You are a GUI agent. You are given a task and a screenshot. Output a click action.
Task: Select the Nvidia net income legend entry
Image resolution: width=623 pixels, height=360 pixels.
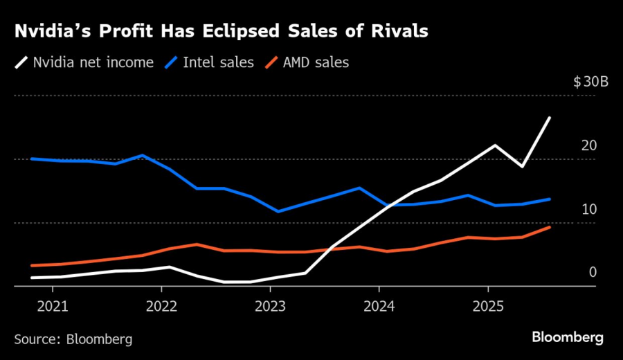pyautogui.click(x=86, y=63)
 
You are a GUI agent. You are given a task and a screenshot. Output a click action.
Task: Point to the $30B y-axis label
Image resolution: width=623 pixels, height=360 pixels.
pyautogui.click(x=590, y=82)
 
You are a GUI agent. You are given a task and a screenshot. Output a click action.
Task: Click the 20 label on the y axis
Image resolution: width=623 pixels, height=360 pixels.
pyautogui.click(x=589, y=145)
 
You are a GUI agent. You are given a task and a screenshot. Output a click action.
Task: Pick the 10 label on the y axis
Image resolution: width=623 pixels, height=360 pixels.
pyautogui.click(x=589, y=209)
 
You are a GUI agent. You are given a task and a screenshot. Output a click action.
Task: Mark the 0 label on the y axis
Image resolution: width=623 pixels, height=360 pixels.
pyautogui.click(x=593, y=272)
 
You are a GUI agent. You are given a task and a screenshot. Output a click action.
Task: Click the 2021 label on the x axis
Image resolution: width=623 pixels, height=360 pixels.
pyautogui.click(x=52, y=305)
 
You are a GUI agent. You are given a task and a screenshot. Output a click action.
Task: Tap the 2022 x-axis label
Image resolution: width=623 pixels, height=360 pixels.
pyautogui.click(x=161, y=305)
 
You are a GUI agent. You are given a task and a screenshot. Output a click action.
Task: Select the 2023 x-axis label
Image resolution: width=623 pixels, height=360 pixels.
pyautogui.click(x=269, y=305)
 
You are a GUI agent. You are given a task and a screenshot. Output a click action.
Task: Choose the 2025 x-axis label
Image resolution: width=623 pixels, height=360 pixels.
pyautogui.click(x=487, y=305)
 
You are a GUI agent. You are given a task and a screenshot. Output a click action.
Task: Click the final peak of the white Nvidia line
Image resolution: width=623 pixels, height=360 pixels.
pyautogui.click(x=550, y=118)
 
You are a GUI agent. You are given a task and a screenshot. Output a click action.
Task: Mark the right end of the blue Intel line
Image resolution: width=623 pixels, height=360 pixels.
pyautogui.click(x=550, y=199)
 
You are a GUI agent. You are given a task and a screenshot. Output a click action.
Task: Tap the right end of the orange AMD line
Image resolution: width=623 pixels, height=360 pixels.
pyautogui.click(x=550, y=227)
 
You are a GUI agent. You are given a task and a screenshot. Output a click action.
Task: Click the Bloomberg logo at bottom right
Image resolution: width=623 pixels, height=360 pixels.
pyautogui.click(x=568, y=337)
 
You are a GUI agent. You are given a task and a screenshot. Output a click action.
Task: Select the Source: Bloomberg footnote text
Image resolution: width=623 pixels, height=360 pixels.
pyautogui.click(x=73, y=339)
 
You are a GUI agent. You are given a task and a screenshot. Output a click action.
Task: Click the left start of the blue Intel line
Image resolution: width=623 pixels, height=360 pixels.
pyautogui.click(x=31, y=159)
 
